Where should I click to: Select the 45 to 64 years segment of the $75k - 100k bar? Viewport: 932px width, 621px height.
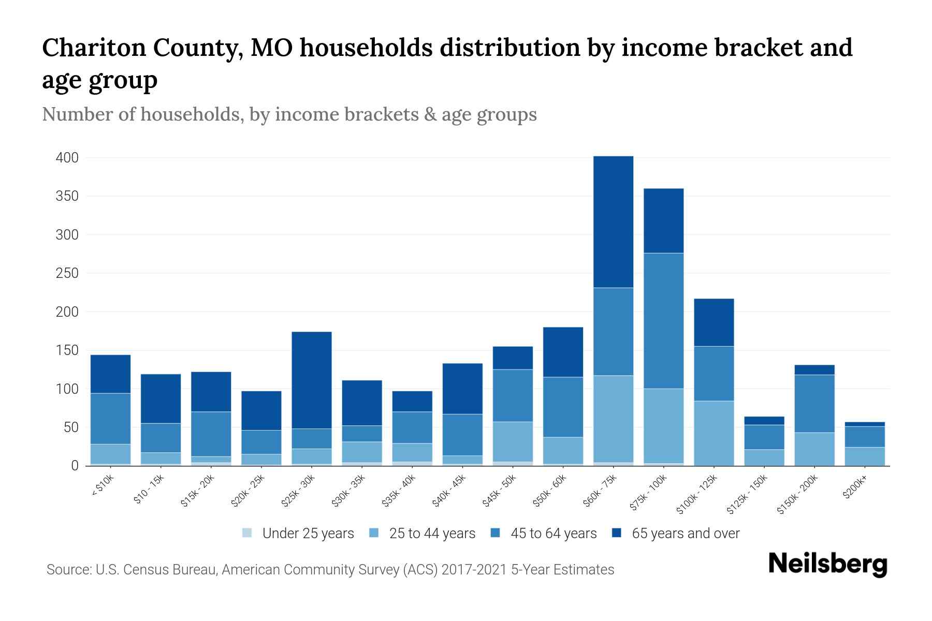[663, 320]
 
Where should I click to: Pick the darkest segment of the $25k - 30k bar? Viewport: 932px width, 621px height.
[312, 380]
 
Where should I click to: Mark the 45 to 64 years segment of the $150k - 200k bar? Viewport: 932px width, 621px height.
[814, 403]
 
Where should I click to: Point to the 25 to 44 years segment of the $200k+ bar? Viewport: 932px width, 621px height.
[865, 456]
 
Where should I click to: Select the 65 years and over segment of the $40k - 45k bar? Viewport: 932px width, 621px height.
[462, 388]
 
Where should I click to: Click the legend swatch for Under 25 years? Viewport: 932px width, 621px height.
[247, 533]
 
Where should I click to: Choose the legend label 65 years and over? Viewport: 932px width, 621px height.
[685, 533]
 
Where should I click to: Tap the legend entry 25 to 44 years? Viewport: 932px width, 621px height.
[432, 533]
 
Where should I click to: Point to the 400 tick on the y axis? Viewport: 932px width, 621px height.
[67, 158]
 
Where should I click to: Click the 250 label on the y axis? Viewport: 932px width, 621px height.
[67, 273]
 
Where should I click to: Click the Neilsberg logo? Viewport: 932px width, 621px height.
[827, 564]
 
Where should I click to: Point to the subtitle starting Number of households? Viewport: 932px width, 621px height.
[289, 114]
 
